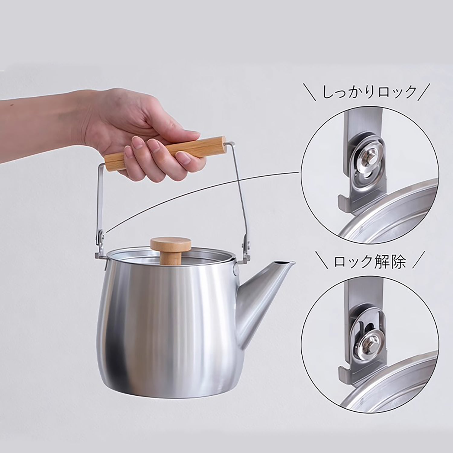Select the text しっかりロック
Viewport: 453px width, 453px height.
point(369,92)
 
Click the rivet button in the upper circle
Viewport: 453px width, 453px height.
point(366,156)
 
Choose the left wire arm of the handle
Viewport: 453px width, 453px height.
point(98,196)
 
